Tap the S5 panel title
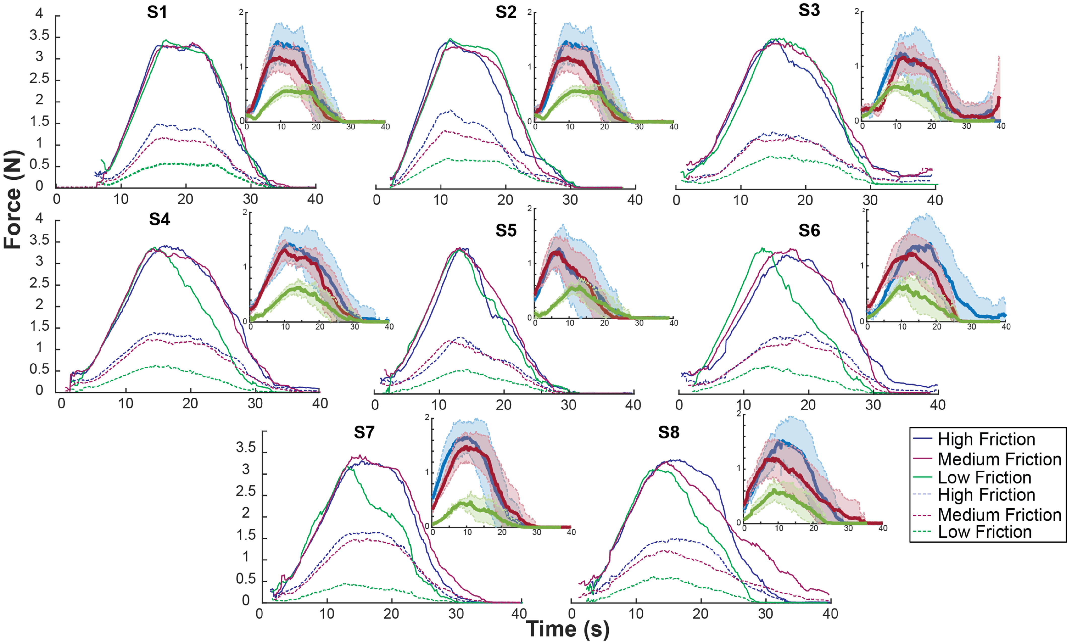(x=506, y=231)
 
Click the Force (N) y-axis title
(x=13, y=200)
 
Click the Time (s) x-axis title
(x=567, y=629)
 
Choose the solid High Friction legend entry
(x=986, y=439)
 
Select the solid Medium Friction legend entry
(x=999, y=459)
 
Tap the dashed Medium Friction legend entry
(x=999, y=515)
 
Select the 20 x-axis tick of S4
(x=190, y=404)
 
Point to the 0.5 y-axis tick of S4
(x=40, y=369)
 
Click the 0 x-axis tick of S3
(x=676, y=200)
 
